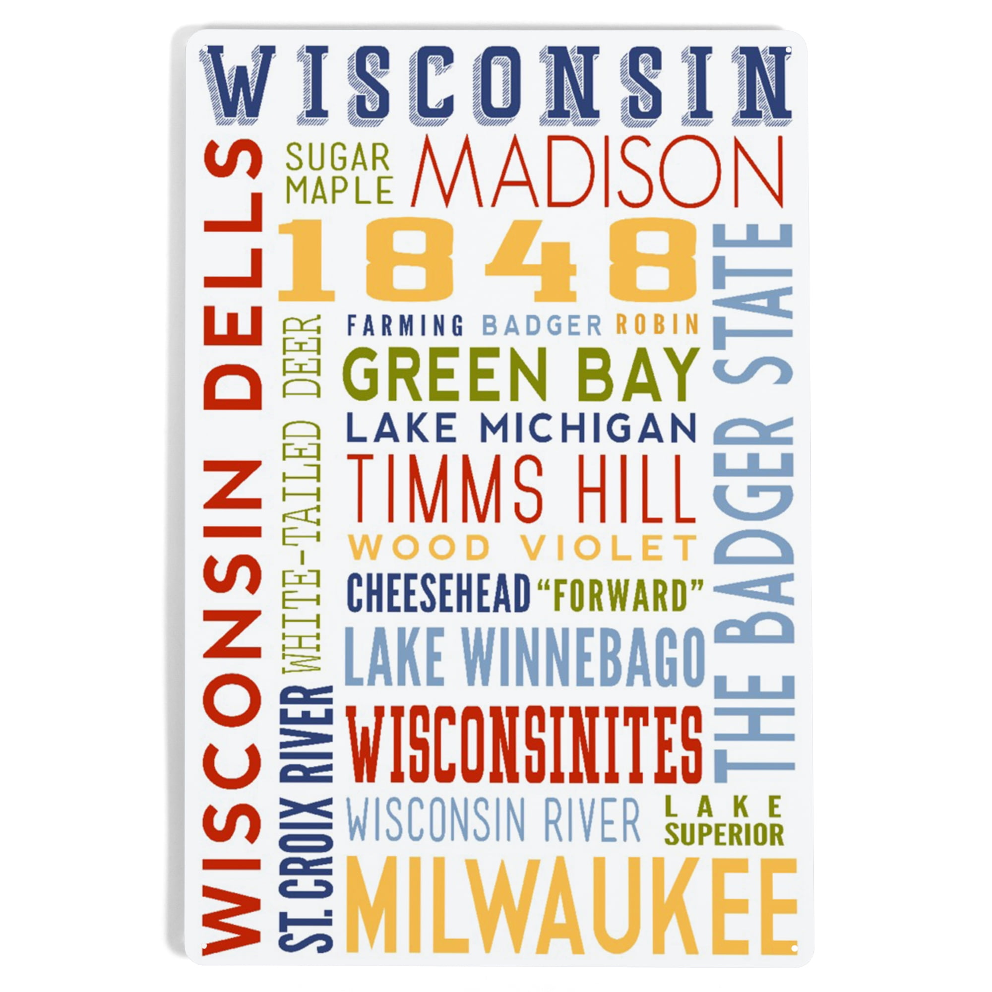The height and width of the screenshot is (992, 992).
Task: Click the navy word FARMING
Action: coord(406,325)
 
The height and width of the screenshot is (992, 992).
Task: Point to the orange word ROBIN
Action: coord(657,325)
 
